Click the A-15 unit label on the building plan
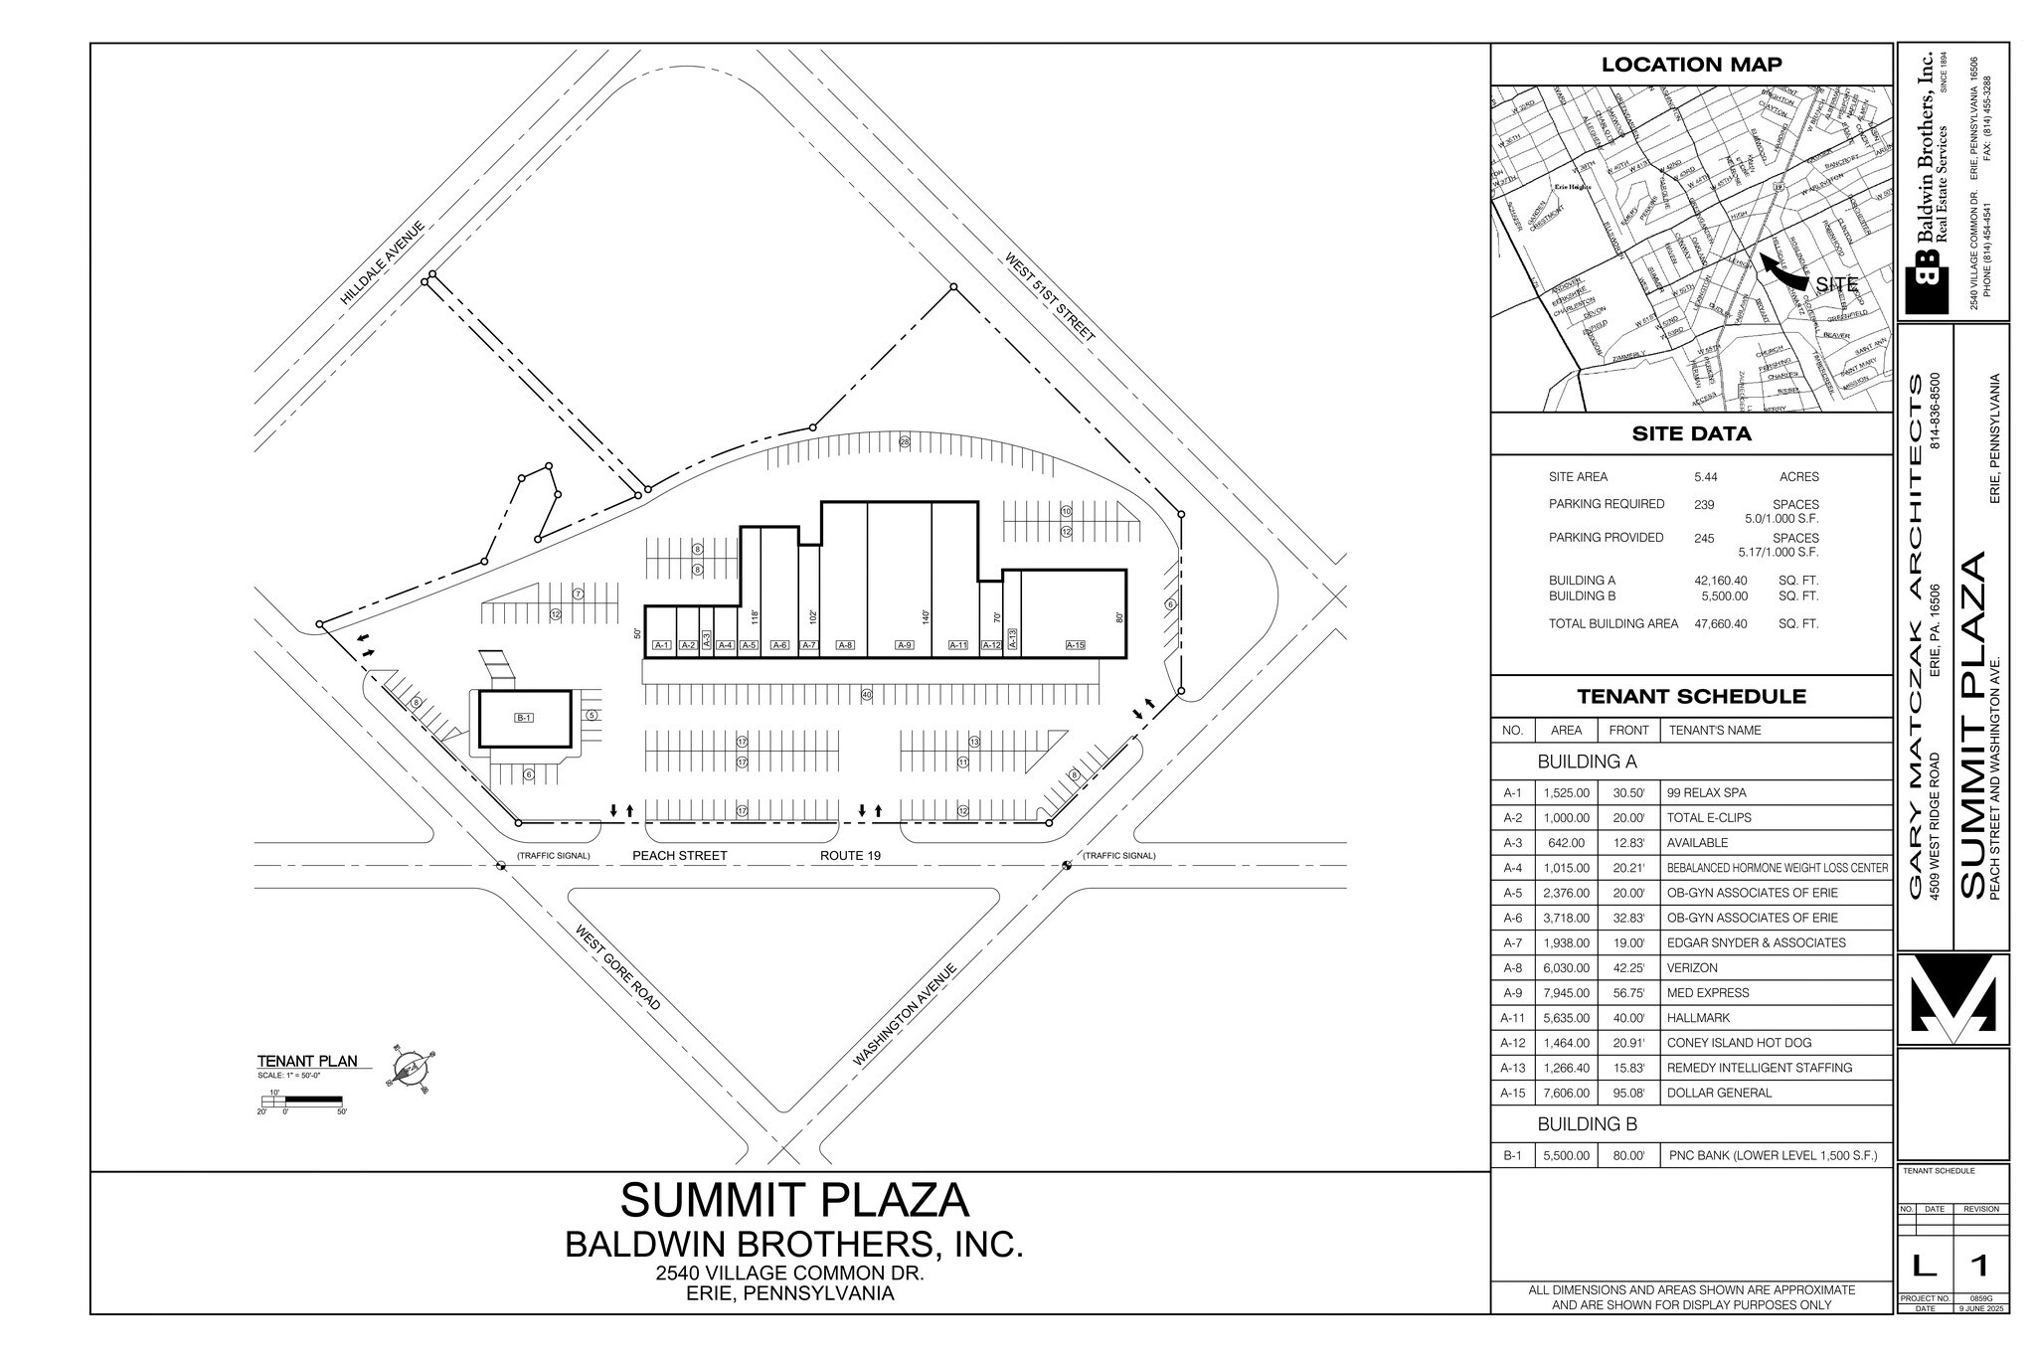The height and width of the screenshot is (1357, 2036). point(1075,645)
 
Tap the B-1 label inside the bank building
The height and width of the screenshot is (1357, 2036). point(524,718)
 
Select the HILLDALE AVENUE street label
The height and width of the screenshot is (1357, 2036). point(383,262)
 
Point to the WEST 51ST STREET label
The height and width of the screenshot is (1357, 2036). point(1050,297)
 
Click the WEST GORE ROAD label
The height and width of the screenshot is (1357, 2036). point(618,967)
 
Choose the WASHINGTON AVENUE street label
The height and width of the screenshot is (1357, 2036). point(905,1014)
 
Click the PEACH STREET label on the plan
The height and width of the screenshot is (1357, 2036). point(680,855)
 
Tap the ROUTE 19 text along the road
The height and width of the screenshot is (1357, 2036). point(850,855)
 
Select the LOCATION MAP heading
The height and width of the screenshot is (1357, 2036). point(1691,65)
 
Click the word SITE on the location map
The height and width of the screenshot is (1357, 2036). point(1836,284)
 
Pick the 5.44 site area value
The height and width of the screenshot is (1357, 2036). point(1706,477)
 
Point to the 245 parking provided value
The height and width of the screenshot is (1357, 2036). point(1704,538)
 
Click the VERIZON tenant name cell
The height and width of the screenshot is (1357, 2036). point(1692,967)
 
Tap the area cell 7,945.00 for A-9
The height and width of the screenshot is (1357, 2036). point(1566,992)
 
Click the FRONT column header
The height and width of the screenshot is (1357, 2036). point(1628,730)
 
